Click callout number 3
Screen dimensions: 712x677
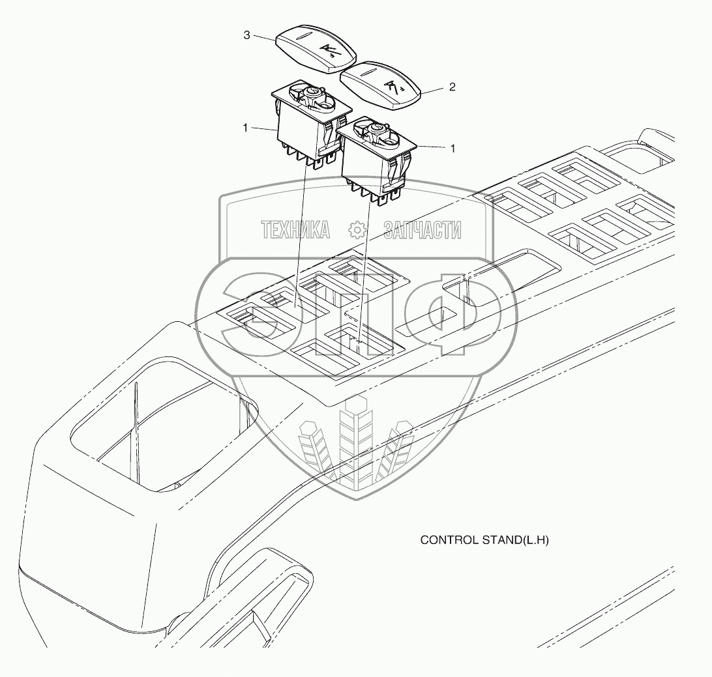coord(247,36)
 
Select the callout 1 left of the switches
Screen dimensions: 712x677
coord(246,128)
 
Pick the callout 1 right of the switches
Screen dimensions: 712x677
coord(452,149)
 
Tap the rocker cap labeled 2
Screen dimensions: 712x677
coord(381,85)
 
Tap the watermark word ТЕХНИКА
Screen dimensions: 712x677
coord(295,229)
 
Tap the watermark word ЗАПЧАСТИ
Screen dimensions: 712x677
coord(423,229)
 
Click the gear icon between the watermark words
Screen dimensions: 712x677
coord(357,229)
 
